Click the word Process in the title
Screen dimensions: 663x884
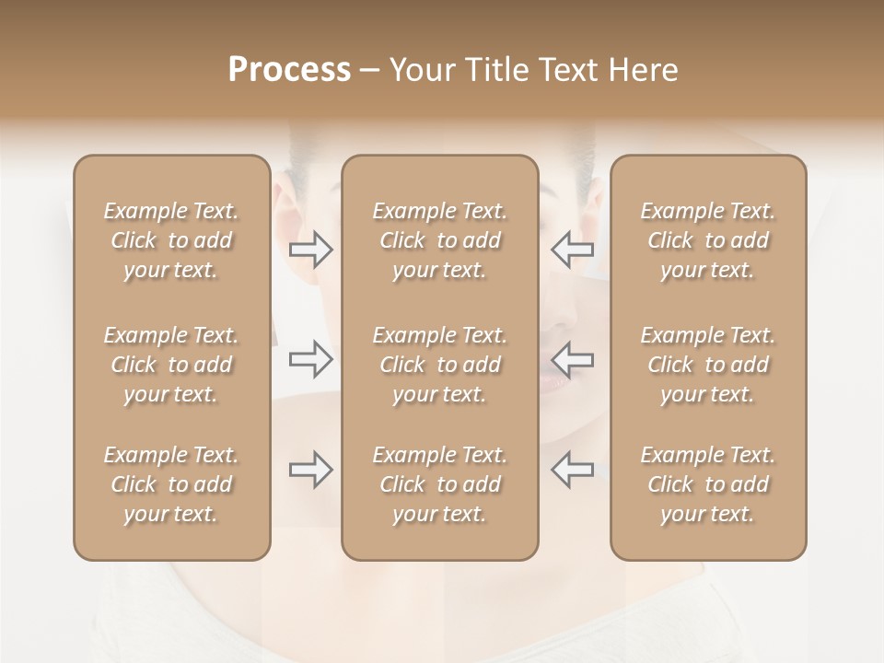(289, 70)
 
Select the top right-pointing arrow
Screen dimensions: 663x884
(311, 250)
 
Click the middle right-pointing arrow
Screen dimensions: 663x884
(311, 359)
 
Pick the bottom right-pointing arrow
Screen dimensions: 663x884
(311, 470)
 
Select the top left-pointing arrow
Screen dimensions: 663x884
(572, 250)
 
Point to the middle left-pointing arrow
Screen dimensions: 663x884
(572, 359)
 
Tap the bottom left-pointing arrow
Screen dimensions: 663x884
(572, 470)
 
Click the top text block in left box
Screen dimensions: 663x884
(171, 240)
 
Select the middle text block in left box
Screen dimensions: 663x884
(171, 365)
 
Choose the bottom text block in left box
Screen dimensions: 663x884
(171, 484)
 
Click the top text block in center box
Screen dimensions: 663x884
(440, 240)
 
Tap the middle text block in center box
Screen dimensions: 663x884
(440, 365)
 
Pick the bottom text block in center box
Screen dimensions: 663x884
(440, 484)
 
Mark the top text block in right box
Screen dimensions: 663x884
(708, 240)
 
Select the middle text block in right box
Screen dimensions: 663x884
(708, 365)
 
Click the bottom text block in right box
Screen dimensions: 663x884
(708, 484)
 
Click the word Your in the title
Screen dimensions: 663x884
(422, 70)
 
